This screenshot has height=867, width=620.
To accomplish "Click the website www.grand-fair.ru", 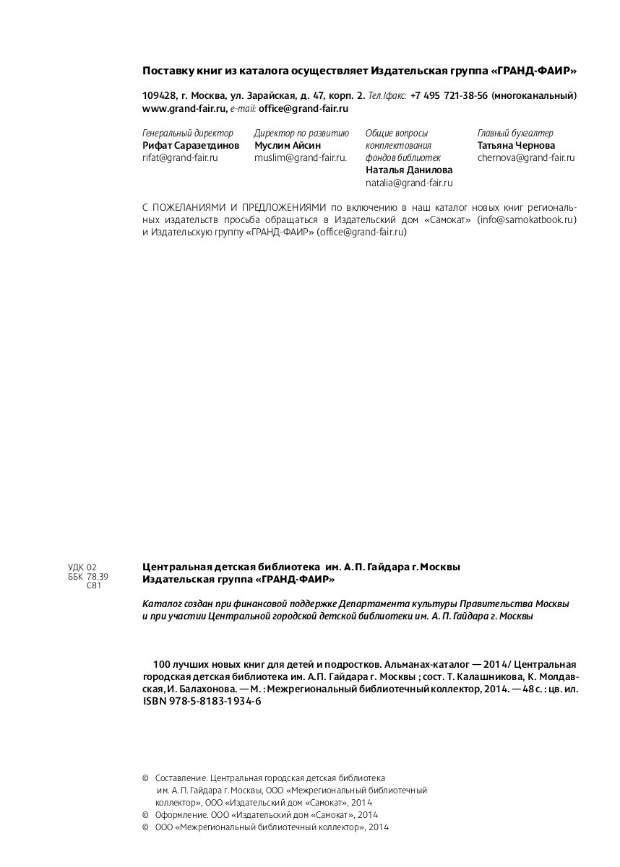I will coord(185,108).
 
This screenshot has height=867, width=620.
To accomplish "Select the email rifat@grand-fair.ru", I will coord(180,157).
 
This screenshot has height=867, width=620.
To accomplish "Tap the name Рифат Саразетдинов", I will coord(191,145).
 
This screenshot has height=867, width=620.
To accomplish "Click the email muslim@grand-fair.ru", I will coord(300,157).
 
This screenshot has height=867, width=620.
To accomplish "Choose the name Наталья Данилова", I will coord(409,170).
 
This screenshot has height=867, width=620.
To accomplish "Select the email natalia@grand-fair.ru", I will coord(409,183).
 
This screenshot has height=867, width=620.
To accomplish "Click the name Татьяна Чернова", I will coord(516,145).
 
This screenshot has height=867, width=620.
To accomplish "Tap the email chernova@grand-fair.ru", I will coord(526,157).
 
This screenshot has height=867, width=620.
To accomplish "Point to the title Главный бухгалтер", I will coord(515,133).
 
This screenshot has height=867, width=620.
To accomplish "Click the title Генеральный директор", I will coord(188,133).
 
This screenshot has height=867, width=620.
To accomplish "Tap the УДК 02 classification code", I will coord(82,567).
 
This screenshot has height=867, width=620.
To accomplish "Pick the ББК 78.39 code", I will coord(87,577).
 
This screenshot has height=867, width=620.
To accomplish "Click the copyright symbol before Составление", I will coord(146,778).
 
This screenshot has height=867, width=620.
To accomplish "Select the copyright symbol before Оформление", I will coord(146,815).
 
